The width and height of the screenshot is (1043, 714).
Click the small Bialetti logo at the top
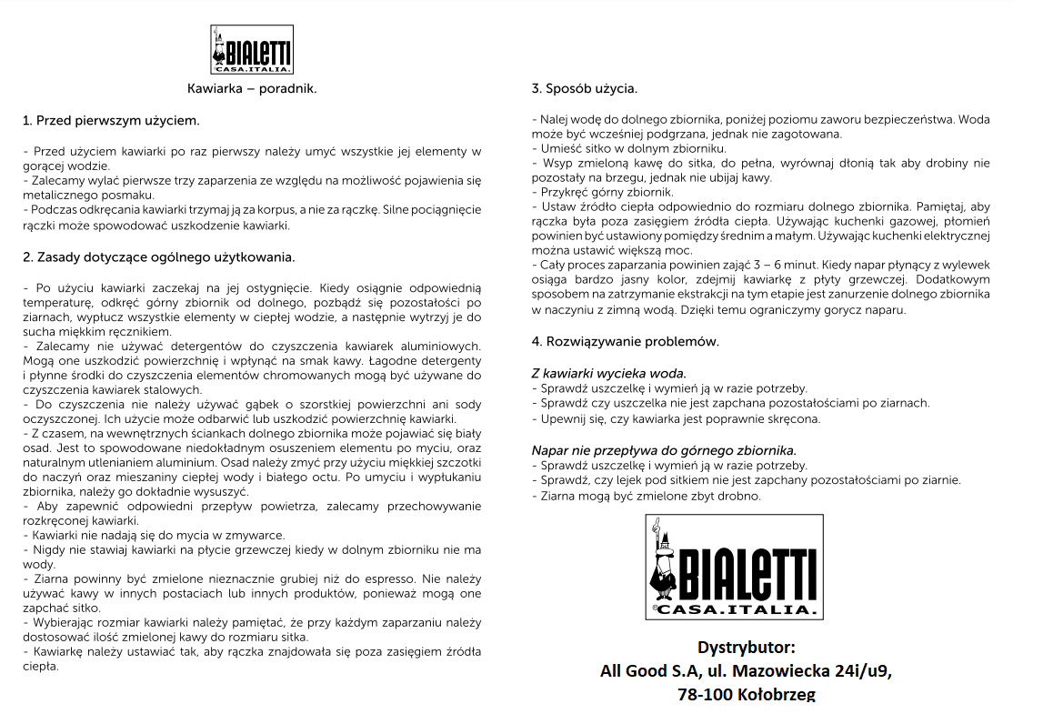click(252, 49)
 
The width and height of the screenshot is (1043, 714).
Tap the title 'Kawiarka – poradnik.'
click(252, 89)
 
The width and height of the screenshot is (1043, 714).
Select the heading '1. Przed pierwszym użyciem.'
click(111, 120)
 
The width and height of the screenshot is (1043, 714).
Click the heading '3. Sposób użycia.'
click(584, 89)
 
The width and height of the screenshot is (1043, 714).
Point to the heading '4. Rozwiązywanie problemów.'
click(625, 342)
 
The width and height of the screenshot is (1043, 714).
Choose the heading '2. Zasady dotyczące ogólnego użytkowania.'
click(158, 257)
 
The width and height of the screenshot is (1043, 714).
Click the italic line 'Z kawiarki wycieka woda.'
click(608, 373)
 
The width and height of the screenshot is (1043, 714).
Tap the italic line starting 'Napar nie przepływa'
click(664, 450)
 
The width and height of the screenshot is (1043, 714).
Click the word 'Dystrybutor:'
click(746, 648)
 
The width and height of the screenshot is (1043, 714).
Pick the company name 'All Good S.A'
click(646, 671)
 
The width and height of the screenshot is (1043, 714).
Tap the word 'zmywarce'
click(257, 536)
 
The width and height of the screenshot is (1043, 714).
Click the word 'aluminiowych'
click(442, 346)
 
